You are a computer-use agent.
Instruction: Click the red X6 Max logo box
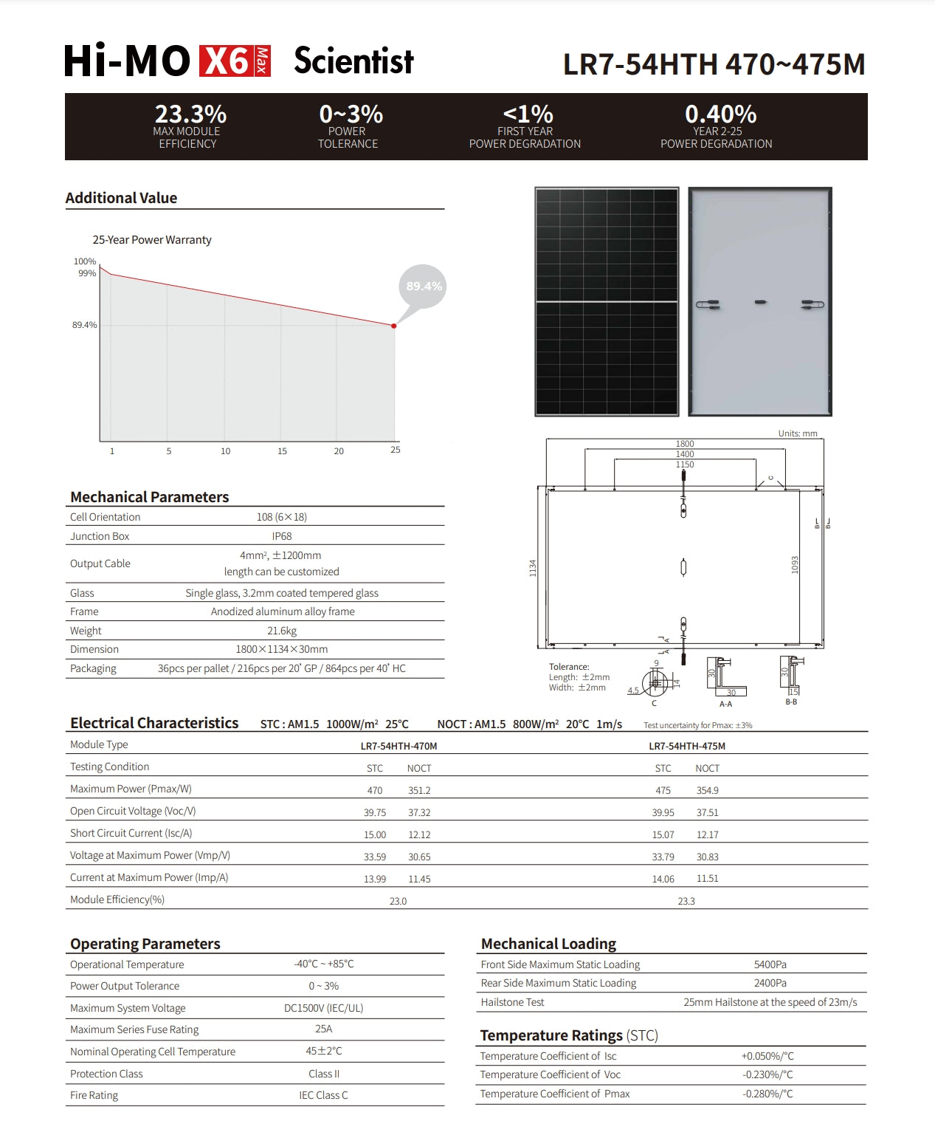pyautogui.click(x=235, y=61)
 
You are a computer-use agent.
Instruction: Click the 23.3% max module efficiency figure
pyautogui.click(x=190, y=114)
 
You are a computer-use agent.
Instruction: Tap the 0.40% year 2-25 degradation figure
pyautogui.click(x=720, y=114)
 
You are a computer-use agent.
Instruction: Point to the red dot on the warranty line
pyautogui.click(x=394, y=326)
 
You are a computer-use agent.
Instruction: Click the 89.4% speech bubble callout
pyautogui.click(x=424, y=287)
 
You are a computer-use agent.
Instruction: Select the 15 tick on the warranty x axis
pyautogui.click(x=282, y=451)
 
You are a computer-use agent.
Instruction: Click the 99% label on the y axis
pyautogui.click(x=87, y=273)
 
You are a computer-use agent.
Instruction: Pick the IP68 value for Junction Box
pyautogui.click(x=282, y=536)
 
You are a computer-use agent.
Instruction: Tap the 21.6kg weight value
pyautogui.click(x=282, y=631)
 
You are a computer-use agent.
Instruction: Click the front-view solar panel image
pyautogui.click(x=607, y=301)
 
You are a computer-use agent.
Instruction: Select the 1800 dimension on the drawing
pyautogui.click(x=685, y=444)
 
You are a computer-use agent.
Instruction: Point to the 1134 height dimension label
pyautogui.click(x=533, y=568)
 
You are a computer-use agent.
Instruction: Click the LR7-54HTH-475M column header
pyautogui.click(x=687, y=746)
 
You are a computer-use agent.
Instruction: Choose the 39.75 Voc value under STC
pyautogui.click(x=375, y=812)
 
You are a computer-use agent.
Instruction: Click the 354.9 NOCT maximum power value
pyautogui.click(x=708, y=790)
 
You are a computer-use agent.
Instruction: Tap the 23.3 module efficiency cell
pyautogui.click(x=686, y=901)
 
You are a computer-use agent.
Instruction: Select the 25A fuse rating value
pyautogui.click(x=323, y=1029)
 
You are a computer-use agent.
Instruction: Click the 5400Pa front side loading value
pyautogui.click(x=770, y=964)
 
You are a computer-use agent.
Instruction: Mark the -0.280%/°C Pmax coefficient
pyautogui.click(x=767, y=1094)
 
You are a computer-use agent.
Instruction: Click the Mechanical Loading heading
pyautogui.click(x=548, y=944)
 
